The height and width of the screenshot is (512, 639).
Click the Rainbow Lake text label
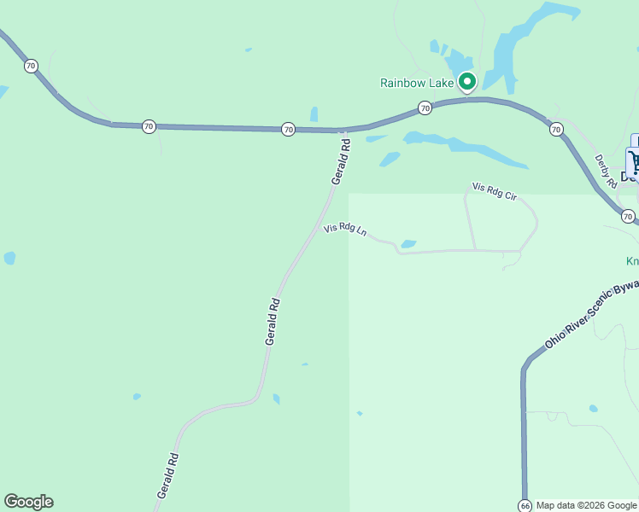416,83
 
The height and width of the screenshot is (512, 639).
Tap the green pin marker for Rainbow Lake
467,82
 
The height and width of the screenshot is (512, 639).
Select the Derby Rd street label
605,170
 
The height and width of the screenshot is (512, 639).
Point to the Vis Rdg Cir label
495,191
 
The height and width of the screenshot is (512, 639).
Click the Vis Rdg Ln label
345,230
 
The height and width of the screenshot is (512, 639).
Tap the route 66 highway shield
525,505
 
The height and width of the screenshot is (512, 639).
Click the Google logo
28,502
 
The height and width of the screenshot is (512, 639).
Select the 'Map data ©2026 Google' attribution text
586,505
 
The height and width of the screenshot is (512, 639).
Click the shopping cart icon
635,162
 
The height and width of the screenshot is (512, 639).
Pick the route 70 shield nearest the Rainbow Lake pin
425,108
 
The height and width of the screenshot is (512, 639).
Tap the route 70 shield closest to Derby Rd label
556,130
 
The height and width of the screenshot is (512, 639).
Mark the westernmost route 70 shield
31,66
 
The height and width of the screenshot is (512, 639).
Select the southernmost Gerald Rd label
167,475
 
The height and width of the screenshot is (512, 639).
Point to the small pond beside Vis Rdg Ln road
408,244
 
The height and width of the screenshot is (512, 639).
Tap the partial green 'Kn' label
632,261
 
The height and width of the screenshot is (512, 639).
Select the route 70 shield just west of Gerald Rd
288,129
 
